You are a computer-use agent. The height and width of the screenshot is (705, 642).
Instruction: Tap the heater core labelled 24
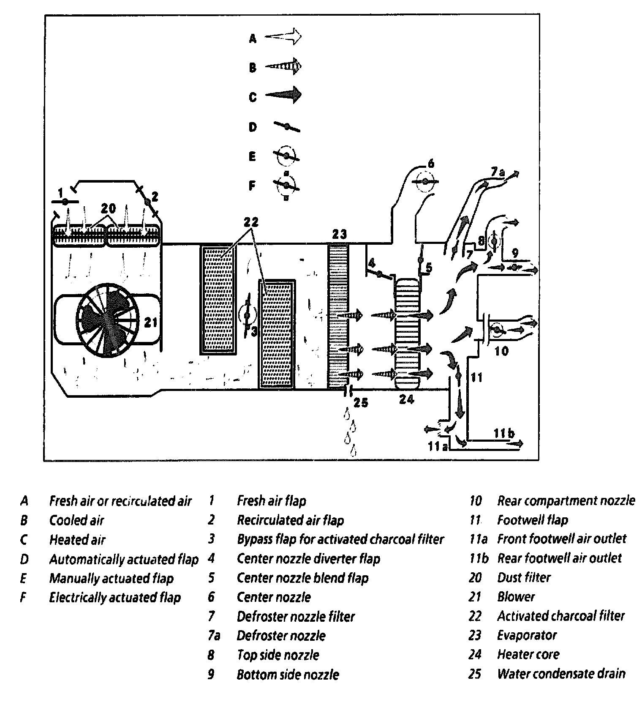pyautogui.click(x=408, y=334)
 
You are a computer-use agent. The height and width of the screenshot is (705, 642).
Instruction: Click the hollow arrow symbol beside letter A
pyautogui.click(x=283, y=37)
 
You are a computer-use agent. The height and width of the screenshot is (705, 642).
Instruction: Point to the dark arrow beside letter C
pyautogui.click(x=283, y=95)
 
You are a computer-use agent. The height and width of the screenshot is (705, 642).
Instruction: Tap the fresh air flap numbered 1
pyautogui.click(x=65, y=202)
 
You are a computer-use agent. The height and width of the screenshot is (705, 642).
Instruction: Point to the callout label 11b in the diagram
pyautogui.click(x=503, y=433)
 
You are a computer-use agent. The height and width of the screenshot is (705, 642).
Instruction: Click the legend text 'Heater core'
pyautogui.click(x=528, y=654)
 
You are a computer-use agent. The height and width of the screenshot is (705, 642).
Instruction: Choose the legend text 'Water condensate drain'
pyautogui.click(x=561, y=674)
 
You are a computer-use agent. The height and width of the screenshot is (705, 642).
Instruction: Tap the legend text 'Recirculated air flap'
pyautogui.click(x=290, y=520)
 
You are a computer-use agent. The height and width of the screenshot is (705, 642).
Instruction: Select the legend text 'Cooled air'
pyautogui.click(x=77, y=520)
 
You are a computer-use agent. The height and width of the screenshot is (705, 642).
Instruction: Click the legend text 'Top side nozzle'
pyautogui.click(x=277, y=655)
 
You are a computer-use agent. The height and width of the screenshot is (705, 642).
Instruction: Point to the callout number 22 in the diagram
pyautogui.click(x=251, y=222)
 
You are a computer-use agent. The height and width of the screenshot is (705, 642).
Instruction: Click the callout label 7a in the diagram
pyautogui.click(x=498, y=172)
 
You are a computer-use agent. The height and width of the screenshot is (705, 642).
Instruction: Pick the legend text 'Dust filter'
pyautogui.click(x=524, y=577)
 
